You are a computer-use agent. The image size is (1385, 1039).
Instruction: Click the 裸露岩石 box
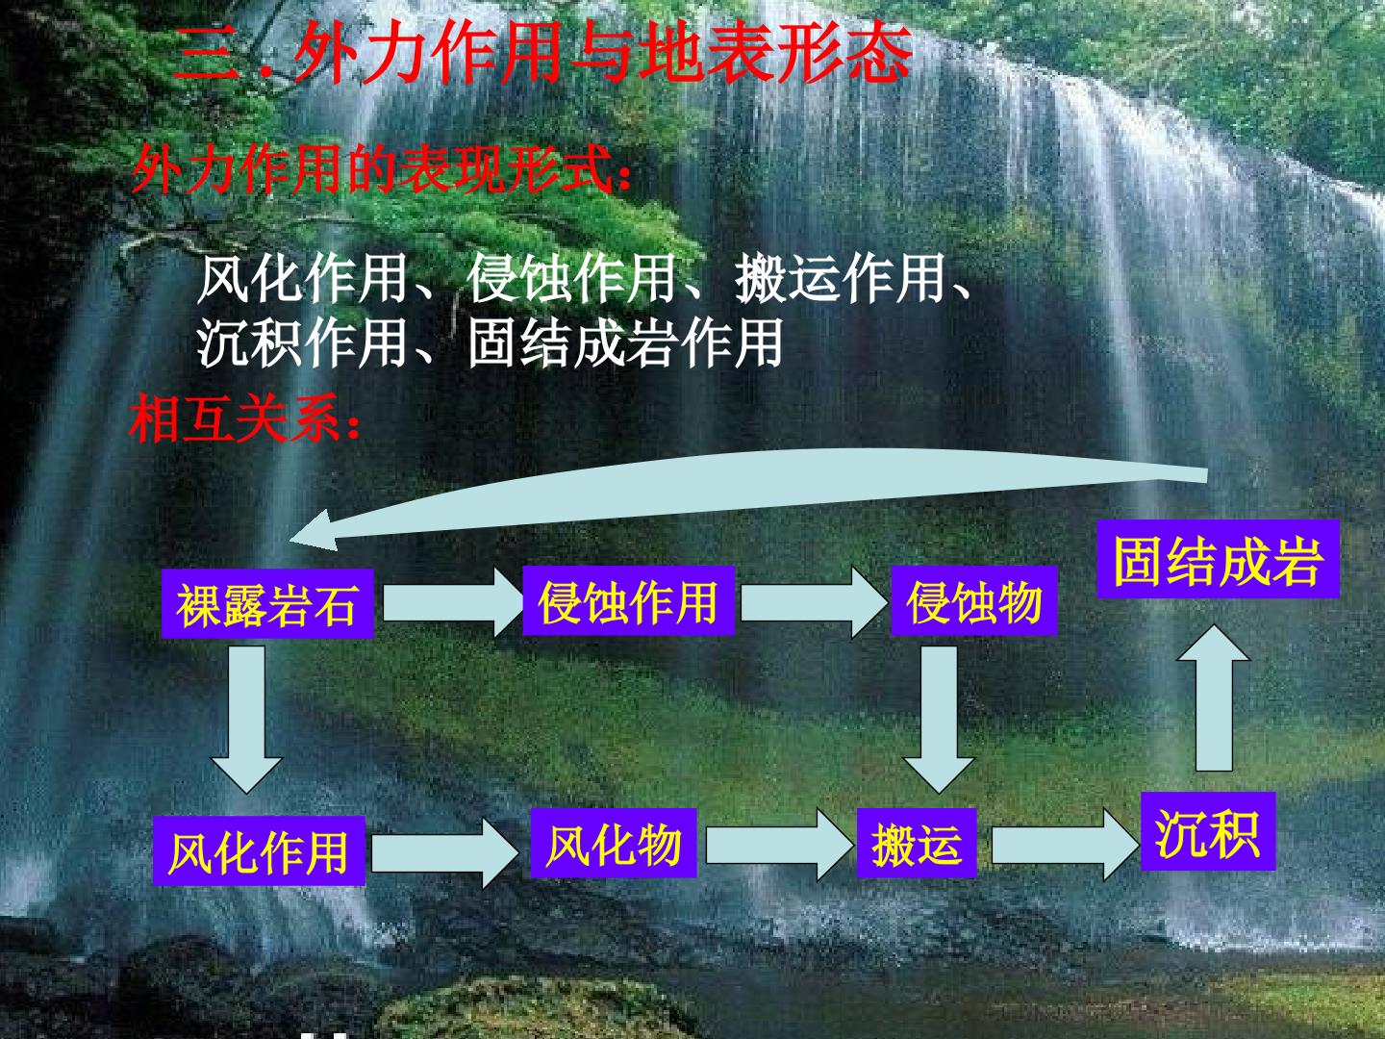point(267,603)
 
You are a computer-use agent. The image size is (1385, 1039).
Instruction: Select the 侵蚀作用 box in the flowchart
point(628,600)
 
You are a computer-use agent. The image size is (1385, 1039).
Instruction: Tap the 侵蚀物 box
point(973,600)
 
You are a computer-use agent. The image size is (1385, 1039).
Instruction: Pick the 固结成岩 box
point(1218,559)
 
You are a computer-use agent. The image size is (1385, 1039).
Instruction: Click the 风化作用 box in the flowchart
point(259,850)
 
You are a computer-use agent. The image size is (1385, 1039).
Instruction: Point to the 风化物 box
point(614,843)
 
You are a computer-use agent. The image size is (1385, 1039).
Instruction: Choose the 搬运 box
point(917,843)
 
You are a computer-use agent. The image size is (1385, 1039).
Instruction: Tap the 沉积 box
point(1208,831)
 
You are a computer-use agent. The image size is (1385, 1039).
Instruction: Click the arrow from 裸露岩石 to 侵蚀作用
point(452,602)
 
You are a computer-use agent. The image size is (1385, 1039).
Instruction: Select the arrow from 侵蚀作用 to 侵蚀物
point(814,602)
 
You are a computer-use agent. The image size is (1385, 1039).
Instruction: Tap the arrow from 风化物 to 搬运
point(779,846)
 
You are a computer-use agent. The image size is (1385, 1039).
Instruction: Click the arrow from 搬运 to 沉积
point(1065,846)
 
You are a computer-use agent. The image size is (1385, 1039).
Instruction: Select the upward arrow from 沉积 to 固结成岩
point(1214,697)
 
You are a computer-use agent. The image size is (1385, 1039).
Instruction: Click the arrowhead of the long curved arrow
point(314,532)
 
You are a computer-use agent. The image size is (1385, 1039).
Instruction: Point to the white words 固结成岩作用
point(625,343)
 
